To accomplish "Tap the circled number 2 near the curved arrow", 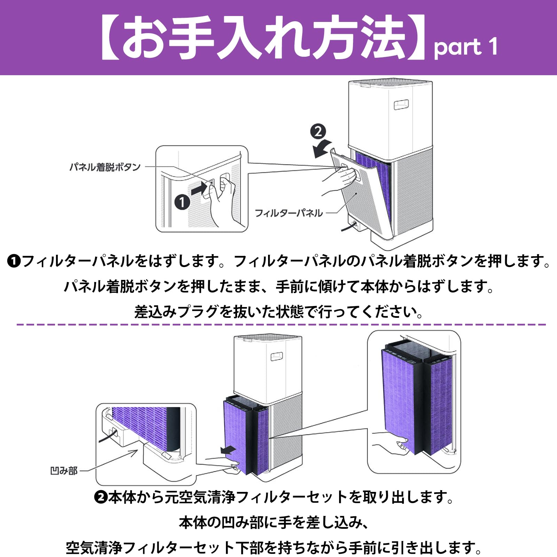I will tap(318, 132).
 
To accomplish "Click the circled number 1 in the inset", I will tap(182, 202).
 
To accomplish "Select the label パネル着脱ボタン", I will tap(105, 167).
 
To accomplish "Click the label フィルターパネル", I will tap(289, 213).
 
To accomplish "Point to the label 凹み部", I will tap(64, 471).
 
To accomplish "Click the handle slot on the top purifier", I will tap(401, 104).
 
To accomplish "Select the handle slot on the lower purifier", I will tap(277, 356).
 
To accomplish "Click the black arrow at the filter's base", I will tap(228, 450).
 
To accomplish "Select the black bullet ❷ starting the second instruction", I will tap(101, 497).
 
